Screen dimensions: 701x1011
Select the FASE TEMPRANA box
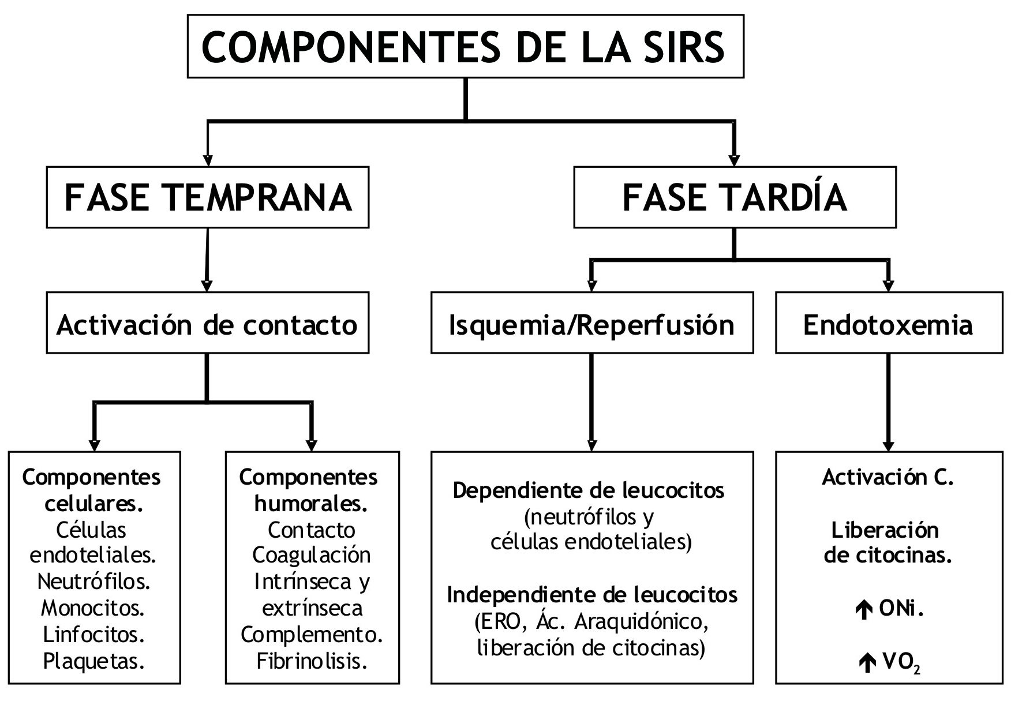[x=208, y=197]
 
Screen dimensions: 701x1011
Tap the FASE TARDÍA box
[x=734, y=197]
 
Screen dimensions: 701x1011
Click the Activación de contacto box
[x=208, y=325]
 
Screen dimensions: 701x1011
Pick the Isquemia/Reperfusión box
[x=591, y=325]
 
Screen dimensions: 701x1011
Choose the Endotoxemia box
[x=888, y=325]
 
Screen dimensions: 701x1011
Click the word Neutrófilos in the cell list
[x=93, y=581]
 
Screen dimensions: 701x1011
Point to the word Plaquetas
[x=93, y=661]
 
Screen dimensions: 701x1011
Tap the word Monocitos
[x=93, y=608]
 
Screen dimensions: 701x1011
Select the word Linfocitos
[x=93, y=634]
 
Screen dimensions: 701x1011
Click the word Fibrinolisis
[x=312, y=661]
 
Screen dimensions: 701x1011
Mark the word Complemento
[x=312, y=634]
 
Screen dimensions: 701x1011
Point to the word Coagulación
[x=312, y=555]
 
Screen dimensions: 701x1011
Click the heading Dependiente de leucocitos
[x=589, y=490]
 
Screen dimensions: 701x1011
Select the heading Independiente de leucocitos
[x=592, y=595]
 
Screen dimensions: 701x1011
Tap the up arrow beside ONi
[x=863, y=610]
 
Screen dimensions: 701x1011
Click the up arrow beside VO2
[x=866, y=663]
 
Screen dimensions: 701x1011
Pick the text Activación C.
[x=888, y=477]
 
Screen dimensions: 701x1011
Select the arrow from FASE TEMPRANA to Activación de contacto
[x=207, y=260]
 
